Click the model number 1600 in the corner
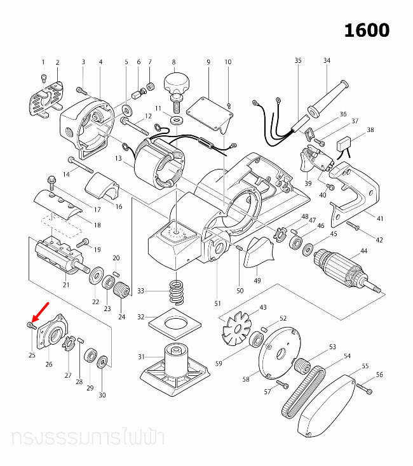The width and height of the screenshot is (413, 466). click(367, 30)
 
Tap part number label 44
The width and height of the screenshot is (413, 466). click(363, 251)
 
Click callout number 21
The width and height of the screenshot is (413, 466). click(65, 285)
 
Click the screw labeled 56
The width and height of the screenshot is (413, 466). click(364, 387)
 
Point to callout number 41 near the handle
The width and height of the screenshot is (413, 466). click(380, 219)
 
